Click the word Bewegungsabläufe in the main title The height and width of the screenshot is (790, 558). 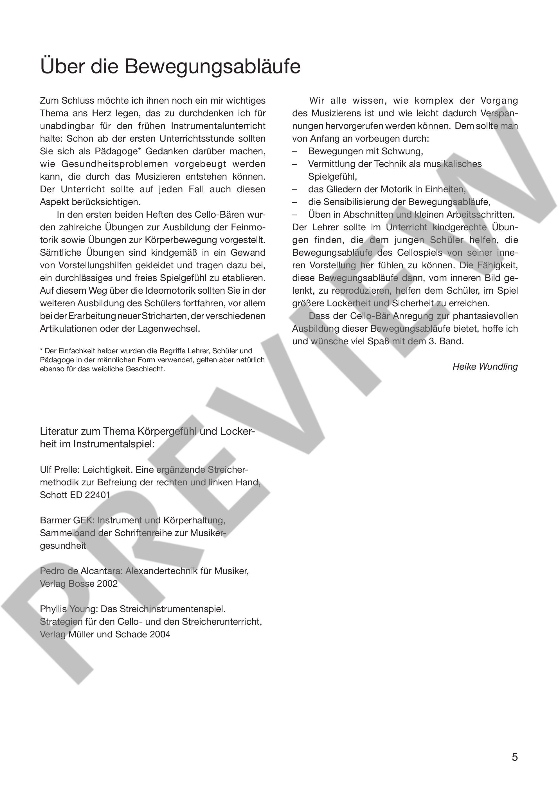[212, 66]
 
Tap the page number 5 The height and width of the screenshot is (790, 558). [514, 757]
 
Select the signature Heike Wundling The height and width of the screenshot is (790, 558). [485, 367]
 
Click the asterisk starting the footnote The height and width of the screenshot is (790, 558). [42, 350]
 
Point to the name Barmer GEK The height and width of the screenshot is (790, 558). [66, 520]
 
